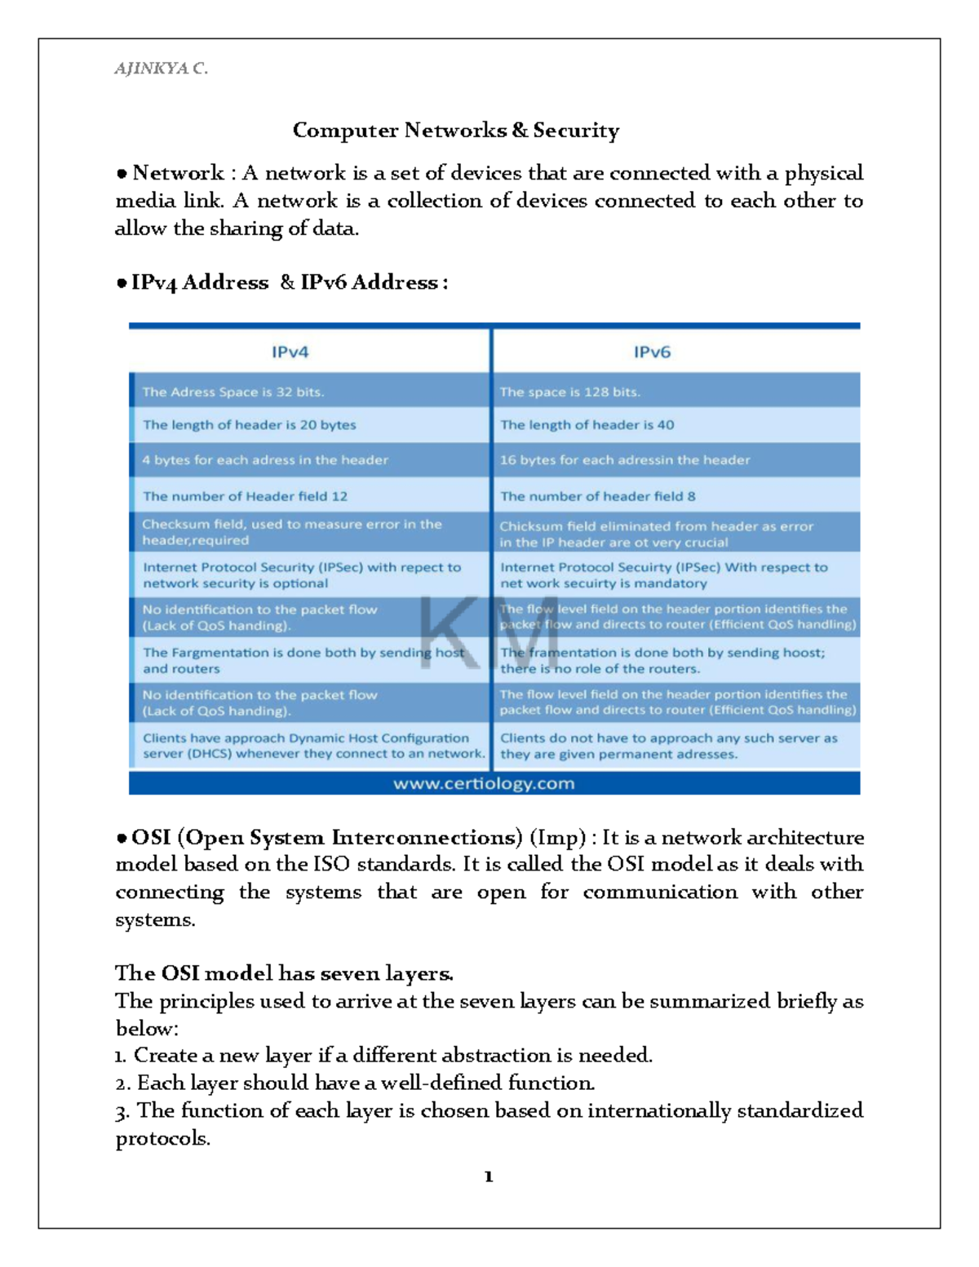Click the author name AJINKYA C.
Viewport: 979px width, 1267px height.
[161, 69]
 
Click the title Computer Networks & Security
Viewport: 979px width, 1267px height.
[455, 131]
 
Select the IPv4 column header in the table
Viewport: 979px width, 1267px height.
[290, 352]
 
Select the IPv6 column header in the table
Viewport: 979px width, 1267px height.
[652, 352]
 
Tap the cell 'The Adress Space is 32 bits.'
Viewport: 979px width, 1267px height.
[233, 392]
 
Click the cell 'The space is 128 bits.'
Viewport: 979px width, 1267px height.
[569, 392]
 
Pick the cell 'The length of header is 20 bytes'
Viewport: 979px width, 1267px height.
[250, 425]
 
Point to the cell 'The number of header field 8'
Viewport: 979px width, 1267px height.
[597, 496]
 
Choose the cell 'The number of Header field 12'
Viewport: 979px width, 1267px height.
[245, 496]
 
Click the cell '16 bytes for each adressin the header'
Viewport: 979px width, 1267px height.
[624, 460]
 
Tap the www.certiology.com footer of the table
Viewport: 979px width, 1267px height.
[484, 784]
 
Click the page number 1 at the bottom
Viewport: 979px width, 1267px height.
[488, 1176]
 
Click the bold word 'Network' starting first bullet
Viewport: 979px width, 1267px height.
[178, 173]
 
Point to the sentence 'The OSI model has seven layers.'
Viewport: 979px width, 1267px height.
[284, 973]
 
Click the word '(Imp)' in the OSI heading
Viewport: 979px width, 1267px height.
[557, 838]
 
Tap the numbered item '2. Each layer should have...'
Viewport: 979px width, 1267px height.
[355, 1083]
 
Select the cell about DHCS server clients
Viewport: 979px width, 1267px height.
[312, 746]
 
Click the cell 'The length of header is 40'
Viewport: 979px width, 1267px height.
[587, 425]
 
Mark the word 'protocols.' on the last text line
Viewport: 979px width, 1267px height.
[163, 1138]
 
